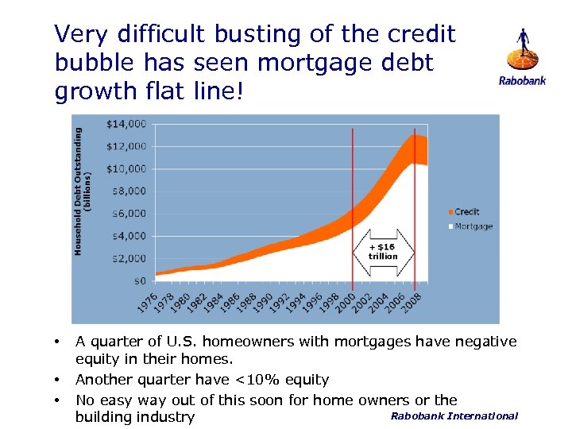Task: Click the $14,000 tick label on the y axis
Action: (x=126, y=123)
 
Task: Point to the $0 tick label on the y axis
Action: (x=138, y=280)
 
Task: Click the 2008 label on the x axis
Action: (x=412, y=302)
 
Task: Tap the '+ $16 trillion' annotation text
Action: (x=383, y=251)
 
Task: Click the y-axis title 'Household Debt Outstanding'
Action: (x=79, y=191)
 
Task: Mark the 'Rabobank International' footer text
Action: (x=454, y=415)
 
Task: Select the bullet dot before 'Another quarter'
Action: (x=57, y=380)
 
